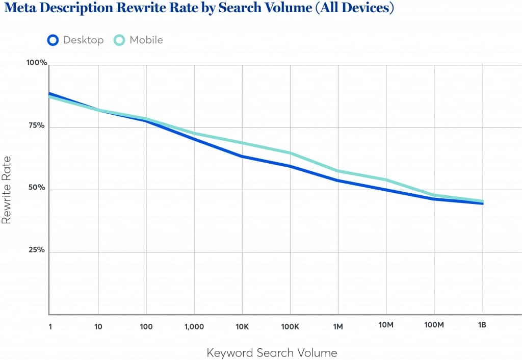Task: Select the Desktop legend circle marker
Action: pos(53,40)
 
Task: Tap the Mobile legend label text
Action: pos(146,40)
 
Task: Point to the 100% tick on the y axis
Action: pos(37,63)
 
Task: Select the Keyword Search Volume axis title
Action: pos(272,352)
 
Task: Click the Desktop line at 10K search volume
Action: pos(242,156)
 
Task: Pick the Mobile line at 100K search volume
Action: pos(290,153)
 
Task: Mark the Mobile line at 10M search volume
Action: pos(386,179)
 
